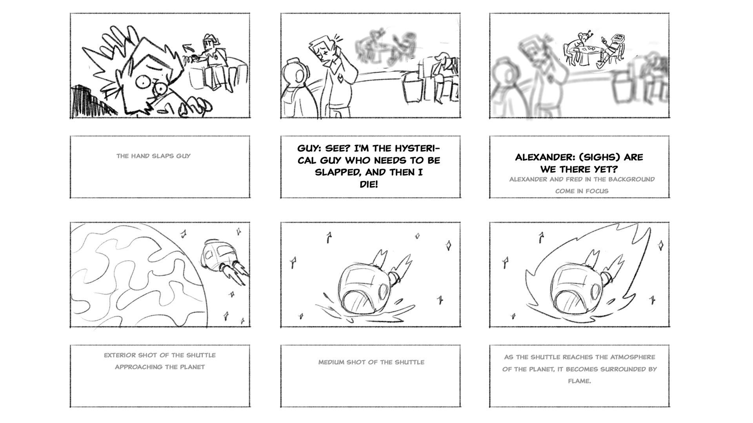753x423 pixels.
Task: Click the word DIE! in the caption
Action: pos(369,184)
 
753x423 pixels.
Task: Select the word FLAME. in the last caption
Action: pos(579,381)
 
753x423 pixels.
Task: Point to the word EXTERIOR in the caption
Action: pos(119,355)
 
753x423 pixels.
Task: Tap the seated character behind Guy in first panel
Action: pos(214,59)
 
